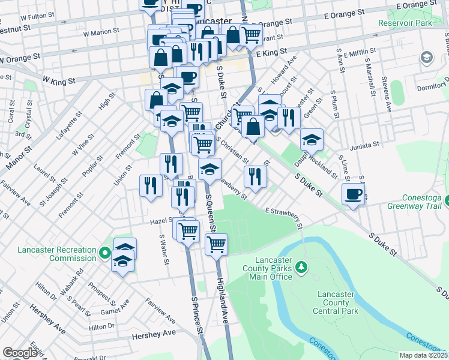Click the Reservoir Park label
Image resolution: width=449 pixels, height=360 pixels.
tap(405, 23)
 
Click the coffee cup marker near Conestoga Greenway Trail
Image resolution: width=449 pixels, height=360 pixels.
tap(353, 194)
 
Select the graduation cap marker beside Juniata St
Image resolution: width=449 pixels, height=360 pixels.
tap(312, 140)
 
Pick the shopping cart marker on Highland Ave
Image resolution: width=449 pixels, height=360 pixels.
tap(215, 244)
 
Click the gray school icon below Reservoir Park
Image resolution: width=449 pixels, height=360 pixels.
tap(427, 58)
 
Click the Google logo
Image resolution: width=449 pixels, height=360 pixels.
tap(20, 353)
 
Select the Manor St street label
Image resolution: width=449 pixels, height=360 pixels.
tap(17, 157)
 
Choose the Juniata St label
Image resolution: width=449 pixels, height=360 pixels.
tap(363, 145)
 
